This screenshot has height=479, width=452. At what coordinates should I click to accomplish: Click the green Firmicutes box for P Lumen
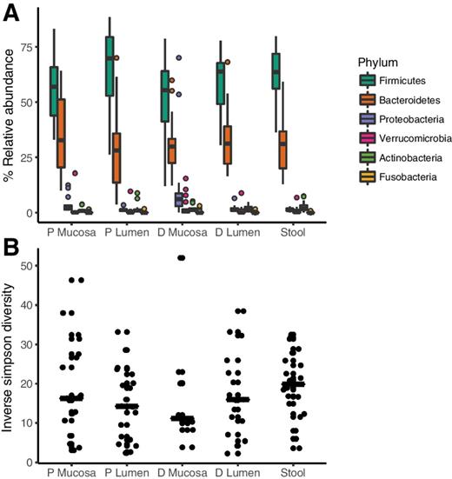tap(110, 66)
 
